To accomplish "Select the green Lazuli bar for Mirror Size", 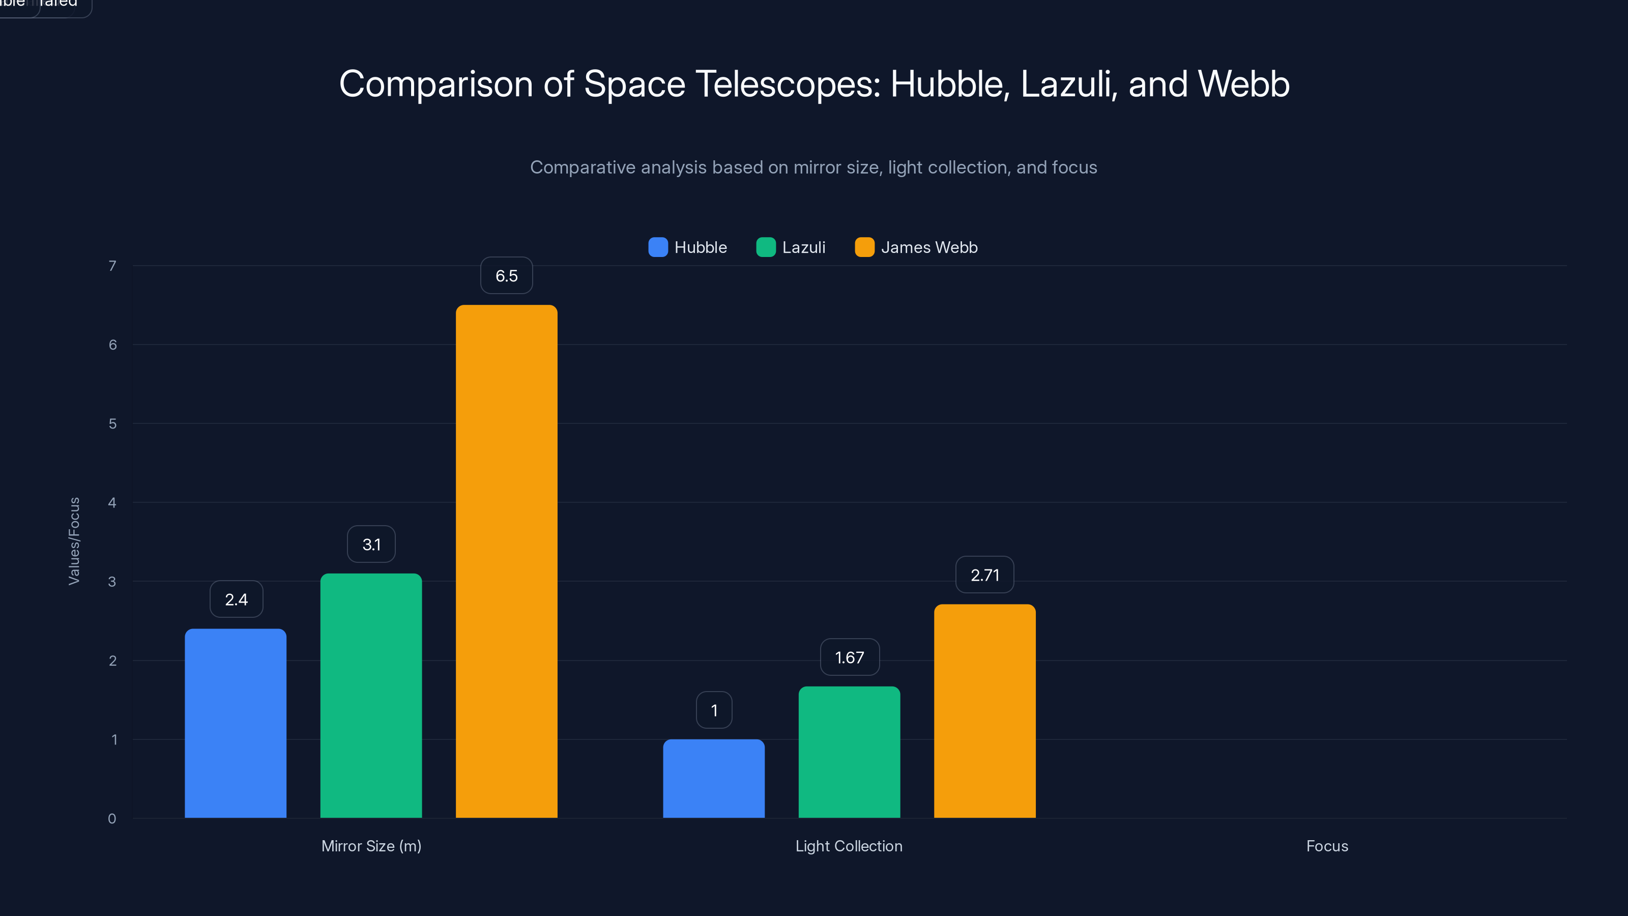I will pyautogui.click(x=371, y=695).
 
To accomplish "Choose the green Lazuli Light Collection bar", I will pyautogui.click(x=849, y=752).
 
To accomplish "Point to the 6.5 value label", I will pyautogui.click(x=506, y=276).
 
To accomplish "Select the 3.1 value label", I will pyautogui.click(x=371, y=545).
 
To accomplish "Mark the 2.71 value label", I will pyautogui.click(x=984, y=575).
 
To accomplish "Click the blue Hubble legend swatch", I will pyautogui.click(x=658, y=247).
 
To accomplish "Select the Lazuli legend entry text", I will pyautogui.click(x=803, y=247).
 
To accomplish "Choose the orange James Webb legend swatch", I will pyautogui.click(x=864, y=247).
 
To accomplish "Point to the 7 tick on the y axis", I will pyautogui.click(x=112, y=266).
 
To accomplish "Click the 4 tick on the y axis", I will pyautogui.click(x=112, y=503).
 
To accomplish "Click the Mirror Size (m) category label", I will pyautogui.click(x=371, y=846).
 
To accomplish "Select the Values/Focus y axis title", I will pyautogui.click(x=74, y=541).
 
